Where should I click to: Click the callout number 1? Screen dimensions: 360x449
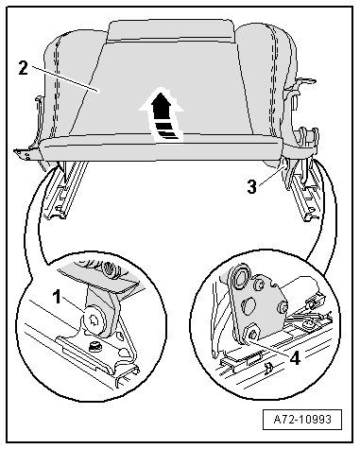click(x=57, y=297)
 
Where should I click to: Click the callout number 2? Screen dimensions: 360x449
click(x=24, y=68)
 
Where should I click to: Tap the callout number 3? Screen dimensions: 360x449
click(x=251, y=187)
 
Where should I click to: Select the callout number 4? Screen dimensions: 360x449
click(x=295, y=358)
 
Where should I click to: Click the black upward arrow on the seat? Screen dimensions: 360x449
click(x=161, y=115)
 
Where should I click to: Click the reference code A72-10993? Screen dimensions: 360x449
click(x=302, y=420)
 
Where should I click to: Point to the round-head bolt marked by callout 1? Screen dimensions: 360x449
click(x=94, y=320)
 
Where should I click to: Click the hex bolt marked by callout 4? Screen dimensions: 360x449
click(x=252, y=333)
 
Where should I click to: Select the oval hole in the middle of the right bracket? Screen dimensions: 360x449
click(x=249, y=305)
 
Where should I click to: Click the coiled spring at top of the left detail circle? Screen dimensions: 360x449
click(x=111, y=268)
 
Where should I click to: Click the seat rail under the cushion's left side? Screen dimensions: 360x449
click(x=64, y=189)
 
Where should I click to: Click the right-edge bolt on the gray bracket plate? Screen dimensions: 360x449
click(x=283, y=307)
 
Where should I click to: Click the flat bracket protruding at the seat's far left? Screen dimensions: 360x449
click(x=27, y=153)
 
